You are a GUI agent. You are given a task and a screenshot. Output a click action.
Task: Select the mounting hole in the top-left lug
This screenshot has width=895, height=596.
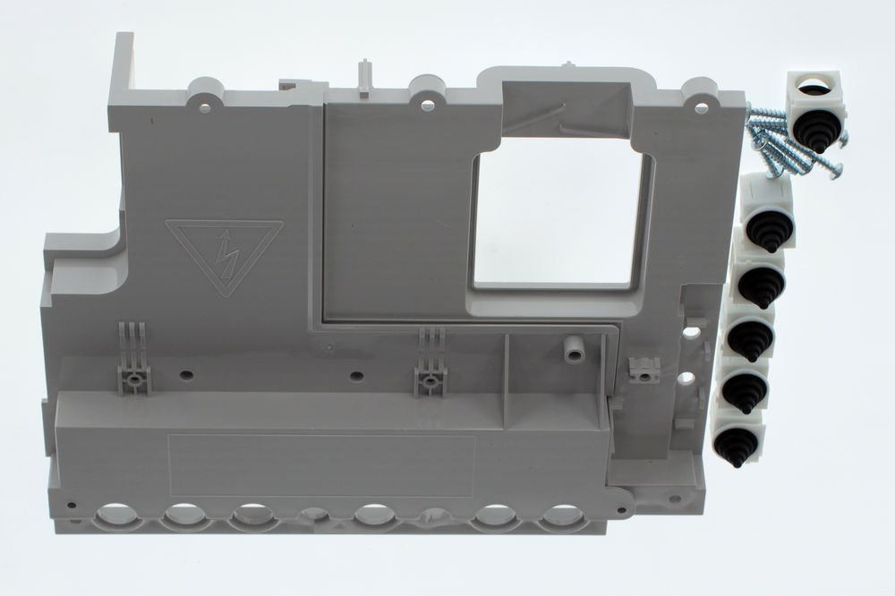[205, 106]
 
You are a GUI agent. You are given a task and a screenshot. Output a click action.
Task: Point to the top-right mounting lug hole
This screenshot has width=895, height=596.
[701, 107]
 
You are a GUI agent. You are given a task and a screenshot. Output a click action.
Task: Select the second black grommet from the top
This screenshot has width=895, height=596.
[767, 230]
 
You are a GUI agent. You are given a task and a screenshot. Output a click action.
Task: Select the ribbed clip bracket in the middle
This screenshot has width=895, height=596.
[430, 365]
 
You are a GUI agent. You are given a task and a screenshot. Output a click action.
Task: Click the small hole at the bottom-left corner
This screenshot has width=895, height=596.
[72, 505]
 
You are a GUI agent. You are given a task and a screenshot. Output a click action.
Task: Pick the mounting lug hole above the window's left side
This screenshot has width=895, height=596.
[427, 106]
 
